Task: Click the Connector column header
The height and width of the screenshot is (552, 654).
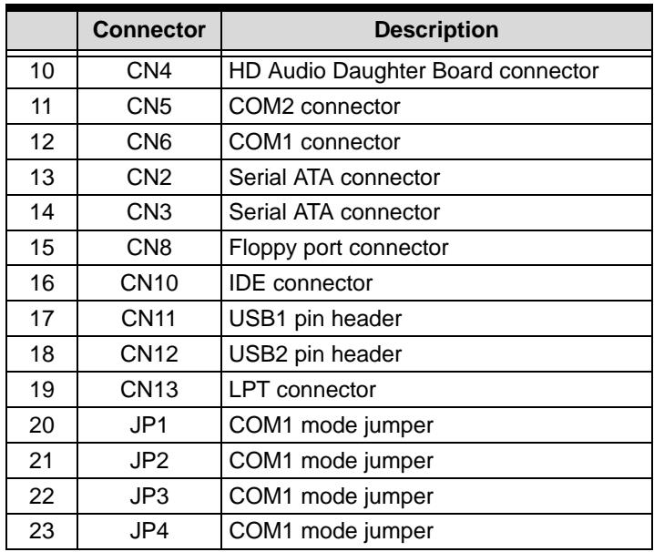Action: click(x=148, y=30)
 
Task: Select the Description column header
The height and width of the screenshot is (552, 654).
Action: click(x=436, y=30)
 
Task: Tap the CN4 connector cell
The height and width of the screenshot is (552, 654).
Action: click(x=148, y=71)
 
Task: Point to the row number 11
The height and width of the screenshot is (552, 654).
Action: click(x=41, y=107)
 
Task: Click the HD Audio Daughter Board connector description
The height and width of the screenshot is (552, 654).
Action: click(x=414, y=71)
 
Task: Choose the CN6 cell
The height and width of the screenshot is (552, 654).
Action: click(x=148, y=142)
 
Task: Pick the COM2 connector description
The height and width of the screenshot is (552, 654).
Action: click(x=314, y=107)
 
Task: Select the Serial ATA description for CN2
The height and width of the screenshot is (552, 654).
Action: click(x=334, y=178)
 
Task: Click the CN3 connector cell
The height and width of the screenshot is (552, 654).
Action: click(x=148, y=212)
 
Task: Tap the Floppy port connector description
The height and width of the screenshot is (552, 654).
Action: click(x=338, y=249)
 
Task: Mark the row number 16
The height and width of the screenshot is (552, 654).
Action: click(x=42, y=283)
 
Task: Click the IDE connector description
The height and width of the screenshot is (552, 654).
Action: click(x=301, y=283)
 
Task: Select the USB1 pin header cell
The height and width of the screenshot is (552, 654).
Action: click(x=315, y=319)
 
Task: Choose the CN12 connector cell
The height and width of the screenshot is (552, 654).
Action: click(x=148, y=353)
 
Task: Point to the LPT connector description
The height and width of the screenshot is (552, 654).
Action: click(x=302, y=390)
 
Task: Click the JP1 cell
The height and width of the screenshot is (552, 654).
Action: click(x=148, y=425)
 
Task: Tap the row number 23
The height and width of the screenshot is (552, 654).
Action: click(x=41, y=531)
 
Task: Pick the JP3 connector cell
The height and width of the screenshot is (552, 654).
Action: click(x=148, y=496)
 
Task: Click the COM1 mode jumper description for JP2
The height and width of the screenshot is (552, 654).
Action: click(x=331, y=462)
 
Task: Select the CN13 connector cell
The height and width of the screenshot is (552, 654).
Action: click(x=148, y=390)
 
